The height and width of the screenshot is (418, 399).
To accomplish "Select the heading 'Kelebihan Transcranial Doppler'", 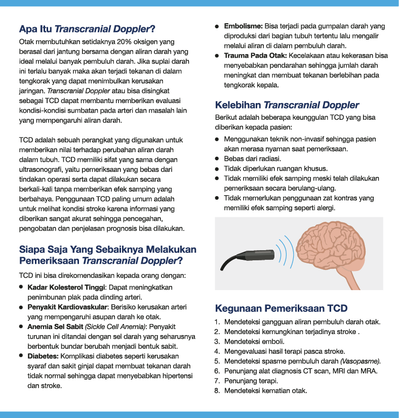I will pos(287,105).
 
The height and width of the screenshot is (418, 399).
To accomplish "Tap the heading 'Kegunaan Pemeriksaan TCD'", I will pos(281,308).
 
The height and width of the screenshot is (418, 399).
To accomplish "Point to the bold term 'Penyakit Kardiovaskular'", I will pos(67,307).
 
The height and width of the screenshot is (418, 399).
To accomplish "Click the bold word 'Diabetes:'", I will pos(43,356).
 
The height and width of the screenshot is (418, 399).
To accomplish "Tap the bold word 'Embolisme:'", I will pos(243,26).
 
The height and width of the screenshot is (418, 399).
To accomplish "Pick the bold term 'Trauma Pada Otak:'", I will pos(252,55).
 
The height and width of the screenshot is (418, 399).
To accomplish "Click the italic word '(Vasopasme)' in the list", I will pos(360,361).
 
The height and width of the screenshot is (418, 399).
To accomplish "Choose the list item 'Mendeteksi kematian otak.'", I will pos(265,390).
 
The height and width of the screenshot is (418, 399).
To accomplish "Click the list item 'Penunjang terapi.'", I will pos(252,381).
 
